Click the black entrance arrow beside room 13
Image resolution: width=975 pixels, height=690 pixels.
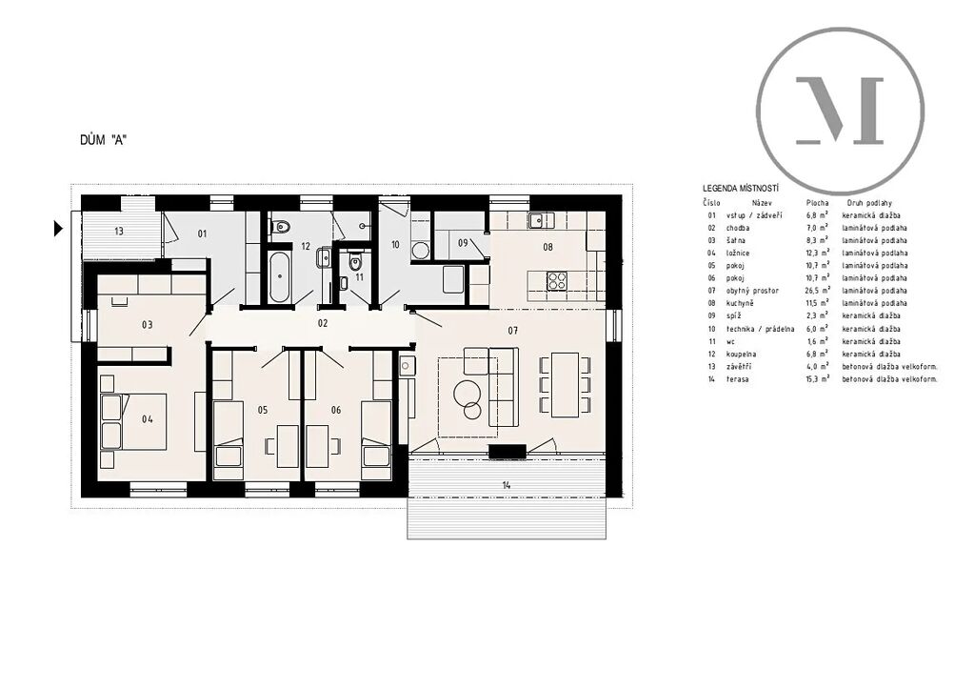58,229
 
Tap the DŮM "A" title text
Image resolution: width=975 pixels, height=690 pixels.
103,140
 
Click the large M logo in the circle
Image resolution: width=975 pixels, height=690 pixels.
840,111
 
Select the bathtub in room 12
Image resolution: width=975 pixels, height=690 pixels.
278,277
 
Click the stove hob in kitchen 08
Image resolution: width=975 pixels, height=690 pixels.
556,281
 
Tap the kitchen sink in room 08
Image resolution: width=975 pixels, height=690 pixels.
541,219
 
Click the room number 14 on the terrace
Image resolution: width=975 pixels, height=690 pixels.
507,485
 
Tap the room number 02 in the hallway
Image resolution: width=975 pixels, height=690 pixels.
322,323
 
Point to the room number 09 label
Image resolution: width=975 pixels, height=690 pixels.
463,243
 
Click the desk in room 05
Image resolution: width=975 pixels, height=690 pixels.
287,446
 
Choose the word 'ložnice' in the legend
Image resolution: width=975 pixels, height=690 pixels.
738,254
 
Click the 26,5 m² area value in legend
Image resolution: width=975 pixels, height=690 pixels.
817,291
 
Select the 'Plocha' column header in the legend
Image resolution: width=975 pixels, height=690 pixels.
817,203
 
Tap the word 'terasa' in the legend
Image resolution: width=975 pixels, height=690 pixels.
738,379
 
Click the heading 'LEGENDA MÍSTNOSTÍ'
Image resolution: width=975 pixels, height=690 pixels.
741,189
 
